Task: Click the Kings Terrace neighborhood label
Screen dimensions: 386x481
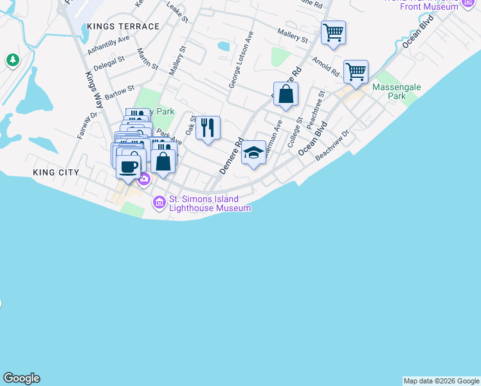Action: [x=123, y=26]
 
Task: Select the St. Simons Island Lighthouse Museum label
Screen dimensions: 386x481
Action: [x=204, y=203]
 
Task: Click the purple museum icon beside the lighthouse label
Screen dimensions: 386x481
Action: [x=159, y=203]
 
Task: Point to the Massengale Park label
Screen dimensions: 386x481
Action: [x=388, y=91]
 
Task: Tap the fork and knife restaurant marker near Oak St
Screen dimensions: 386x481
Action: [x=208, y=129]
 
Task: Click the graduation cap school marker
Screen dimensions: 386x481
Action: [x=253, y=153]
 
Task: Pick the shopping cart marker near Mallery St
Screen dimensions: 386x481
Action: [x=333, y=33]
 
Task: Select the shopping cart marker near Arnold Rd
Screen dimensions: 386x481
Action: [x=356, y=72]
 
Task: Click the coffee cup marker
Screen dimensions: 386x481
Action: [x=129, y=167]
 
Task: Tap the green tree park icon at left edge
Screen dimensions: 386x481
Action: [x=12, y=60]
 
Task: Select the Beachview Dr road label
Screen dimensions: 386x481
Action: [x=336, y=142]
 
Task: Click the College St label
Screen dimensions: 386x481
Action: [x=295, y=133]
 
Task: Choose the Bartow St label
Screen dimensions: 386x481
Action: [x=120, y=92]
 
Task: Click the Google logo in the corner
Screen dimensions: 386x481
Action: [x=21, y=378]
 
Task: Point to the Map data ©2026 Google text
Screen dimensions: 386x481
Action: [x=441, y=381]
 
